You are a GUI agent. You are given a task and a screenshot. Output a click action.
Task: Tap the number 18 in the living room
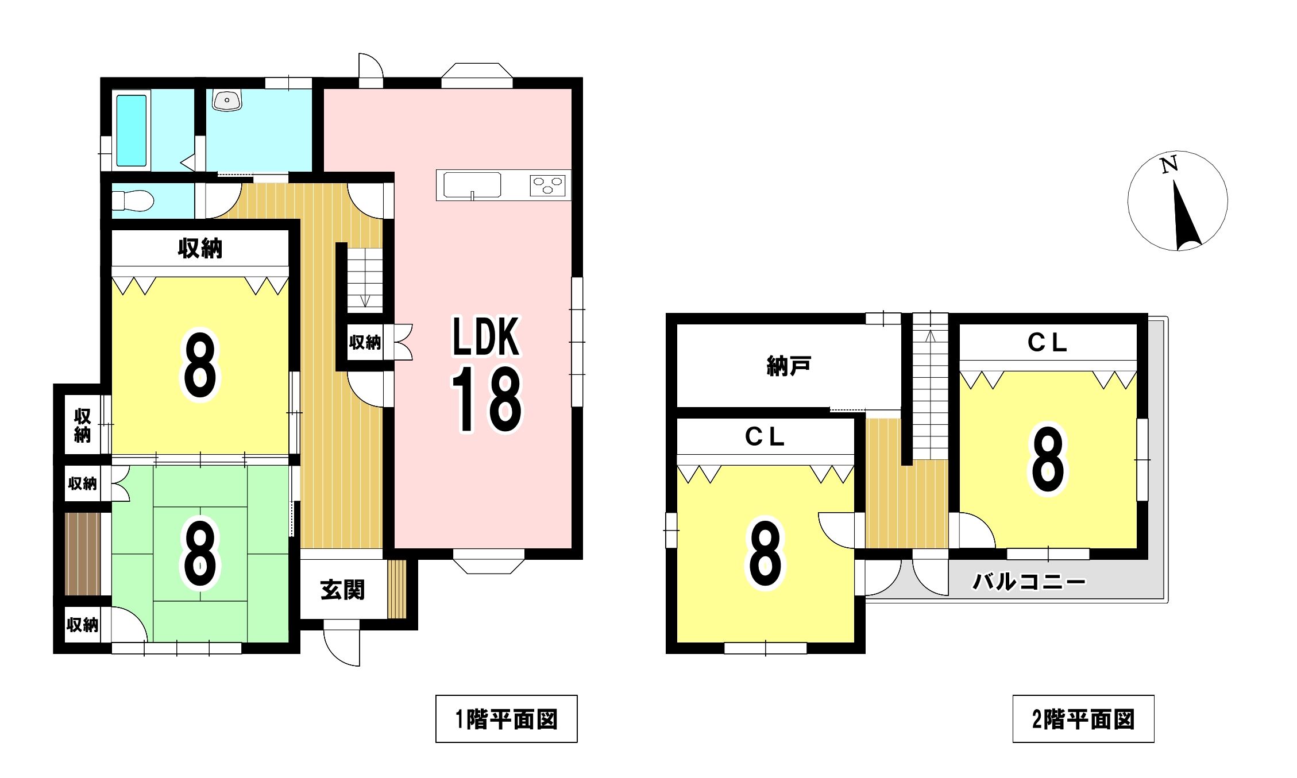pyautogui.click(x=487, y=400)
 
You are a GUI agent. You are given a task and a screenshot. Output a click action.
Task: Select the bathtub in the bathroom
pyautogui.click(x=132, y=130)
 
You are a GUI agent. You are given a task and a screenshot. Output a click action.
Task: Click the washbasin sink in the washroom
pyautogui.click(x=227, y=100)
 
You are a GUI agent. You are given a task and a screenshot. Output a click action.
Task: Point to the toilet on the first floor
pyautogui.click(x=133, y=201)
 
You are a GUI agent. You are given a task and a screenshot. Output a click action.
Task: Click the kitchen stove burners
pyautogui.click(x=547, y=185)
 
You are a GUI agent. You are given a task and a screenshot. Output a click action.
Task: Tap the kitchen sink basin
pyautogui.click(x=472, y=185)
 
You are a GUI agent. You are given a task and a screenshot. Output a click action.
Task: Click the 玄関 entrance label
pyautogui.click(x=342, y=590)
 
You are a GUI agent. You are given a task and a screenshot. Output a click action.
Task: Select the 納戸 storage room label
pyautogui.click(x=789, y=366)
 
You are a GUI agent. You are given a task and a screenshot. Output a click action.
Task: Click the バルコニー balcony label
pyautogui.click(x=1029, y=582)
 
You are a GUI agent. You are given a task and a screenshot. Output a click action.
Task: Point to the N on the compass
pyautogui.click(x=1169, y=165)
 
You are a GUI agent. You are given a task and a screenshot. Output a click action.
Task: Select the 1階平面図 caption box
pyautogui.click(x=506, y=719)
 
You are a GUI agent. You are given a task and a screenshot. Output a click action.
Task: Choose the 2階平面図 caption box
pyautogui.click(x=1083, y=719)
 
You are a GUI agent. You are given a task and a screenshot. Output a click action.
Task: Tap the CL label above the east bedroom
pyautogui.click(x=1047, y=343)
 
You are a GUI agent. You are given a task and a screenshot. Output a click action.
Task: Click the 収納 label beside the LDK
pyautogui.click(x=365, y=342)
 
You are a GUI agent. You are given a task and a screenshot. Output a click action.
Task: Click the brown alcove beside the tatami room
pyautogui.click(x=83, y=554)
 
